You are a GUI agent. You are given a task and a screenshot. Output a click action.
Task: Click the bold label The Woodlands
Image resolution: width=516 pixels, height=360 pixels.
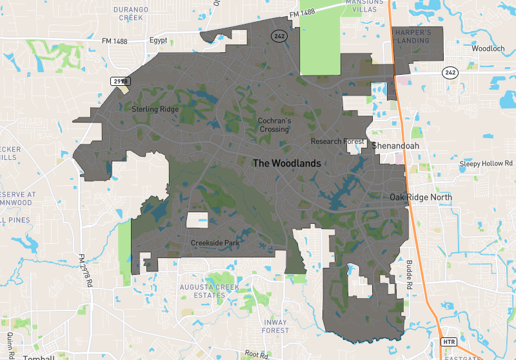tap(286, 163)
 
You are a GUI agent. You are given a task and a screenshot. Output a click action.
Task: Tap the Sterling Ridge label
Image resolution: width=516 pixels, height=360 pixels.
tap(155, 110)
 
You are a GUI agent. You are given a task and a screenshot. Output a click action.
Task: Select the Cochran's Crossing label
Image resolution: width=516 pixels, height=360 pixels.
tap(274, 125)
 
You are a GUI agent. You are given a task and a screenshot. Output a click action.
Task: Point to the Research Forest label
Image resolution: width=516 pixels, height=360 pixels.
tap(337, 141)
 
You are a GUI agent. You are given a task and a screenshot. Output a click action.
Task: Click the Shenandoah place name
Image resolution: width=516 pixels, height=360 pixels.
tap(395, 146)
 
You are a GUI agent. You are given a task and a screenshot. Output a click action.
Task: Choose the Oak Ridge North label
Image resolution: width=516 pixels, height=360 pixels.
tap(421, 197)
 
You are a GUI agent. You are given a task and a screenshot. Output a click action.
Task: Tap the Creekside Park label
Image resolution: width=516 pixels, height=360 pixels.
tap(215, 243)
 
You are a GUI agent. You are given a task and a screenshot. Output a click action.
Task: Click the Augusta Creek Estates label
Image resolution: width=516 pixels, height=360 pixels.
tap(209, 291)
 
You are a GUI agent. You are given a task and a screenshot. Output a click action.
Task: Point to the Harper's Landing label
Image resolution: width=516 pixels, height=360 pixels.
tap(413, 35)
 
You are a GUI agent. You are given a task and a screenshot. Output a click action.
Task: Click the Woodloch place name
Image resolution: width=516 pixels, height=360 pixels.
tap(484, 48)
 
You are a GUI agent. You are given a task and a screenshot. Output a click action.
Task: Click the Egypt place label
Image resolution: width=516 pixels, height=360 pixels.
tap(158, 40)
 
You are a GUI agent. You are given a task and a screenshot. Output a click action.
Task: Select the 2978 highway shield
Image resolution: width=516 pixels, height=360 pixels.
tap(121, 81)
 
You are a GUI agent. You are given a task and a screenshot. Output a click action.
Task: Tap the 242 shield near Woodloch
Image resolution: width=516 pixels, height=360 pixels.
tap(450, 72)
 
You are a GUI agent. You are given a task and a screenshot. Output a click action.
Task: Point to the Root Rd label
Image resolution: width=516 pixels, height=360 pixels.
tap(255, 354)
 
